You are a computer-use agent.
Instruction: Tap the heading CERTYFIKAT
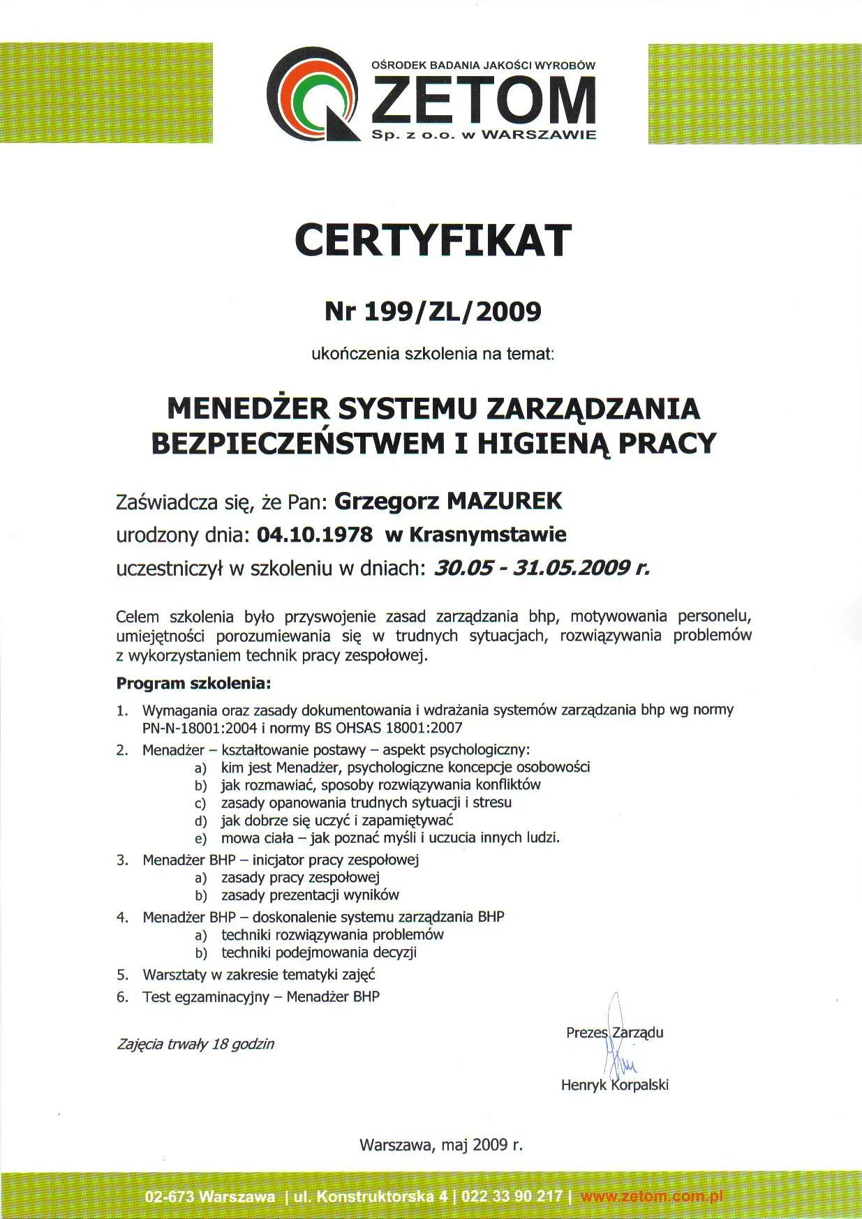coord(432,241)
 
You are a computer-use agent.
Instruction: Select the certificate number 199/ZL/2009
coord(452,311)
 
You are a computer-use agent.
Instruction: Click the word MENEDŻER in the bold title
coord(248,407)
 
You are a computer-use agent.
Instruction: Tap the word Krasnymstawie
coord(487,535)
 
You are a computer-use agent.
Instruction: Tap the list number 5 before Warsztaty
coord(123,975)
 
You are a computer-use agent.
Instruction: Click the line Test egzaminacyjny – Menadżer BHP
coord(261,997)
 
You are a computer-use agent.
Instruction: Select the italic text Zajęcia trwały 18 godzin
coord(195,1045)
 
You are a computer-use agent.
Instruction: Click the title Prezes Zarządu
coord(614,1033)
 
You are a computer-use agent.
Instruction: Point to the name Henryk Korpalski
coord(614,1085)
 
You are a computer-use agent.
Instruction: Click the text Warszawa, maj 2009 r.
coord(440,1145)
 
